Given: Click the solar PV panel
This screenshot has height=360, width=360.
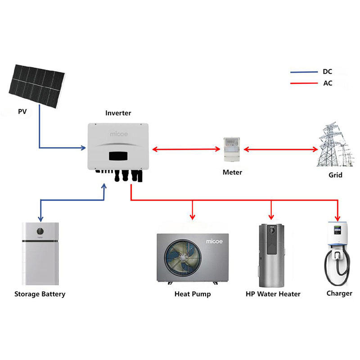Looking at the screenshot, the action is tap(37, 86).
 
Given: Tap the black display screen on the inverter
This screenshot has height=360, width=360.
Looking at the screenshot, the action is tap(118, 156).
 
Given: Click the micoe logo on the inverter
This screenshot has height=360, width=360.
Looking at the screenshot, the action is tap(119, 134).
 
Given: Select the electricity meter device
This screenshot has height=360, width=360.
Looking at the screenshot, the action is tap(232, 149).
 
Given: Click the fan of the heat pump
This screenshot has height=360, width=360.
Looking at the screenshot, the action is tap(183, 257).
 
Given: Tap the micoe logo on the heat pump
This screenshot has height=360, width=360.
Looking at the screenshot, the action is tap(214, 241).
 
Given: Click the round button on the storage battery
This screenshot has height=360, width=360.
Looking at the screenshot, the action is tap(40, 231).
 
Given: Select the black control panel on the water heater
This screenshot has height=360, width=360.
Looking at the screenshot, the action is tap(272, 240).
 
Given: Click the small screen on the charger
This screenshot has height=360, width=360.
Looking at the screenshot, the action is tap(337, 230).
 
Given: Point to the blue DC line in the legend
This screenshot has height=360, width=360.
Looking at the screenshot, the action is tap(304, 72).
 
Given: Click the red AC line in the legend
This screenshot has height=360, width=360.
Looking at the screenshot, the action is tap(304, 83).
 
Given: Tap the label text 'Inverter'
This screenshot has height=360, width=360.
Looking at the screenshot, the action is tap(118, 113).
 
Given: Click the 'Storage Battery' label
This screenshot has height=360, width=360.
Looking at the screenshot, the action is tap(40, 294).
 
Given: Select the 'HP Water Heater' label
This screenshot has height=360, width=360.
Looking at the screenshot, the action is tap(273, 294).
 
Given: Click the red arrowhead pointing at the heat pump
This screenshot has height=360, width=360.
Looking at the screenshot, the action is tap(193, 217).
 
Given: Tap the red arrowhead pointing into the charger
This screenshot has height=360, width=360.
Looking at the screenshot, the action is tap(337, 218).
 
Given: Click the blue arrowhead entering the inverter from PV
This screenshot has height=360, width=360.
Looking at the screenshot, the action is tap(83, 148).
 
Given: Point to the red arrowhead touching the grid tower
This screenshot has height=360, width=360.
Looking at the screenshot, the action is tap(315, 149).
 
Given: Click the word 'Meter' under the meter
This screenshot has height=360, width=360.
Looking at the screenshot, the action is tap(232, 172).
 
